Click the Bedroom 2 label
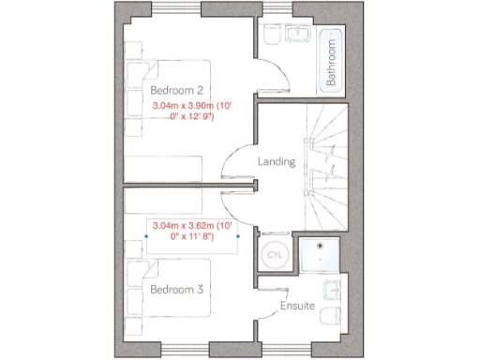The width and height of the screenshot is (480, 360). (178, 90)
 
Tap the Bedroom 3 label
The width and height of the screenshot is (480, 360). (178, 290)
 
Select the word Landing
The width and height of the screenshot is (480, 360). (277, 161)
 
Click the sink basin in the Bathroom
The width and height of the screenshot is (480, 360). (302, 35)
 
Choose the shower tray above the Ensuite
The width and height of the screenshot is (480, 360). (321, 254)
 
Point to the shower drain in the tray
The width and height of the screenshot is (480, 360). (322, 255)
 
